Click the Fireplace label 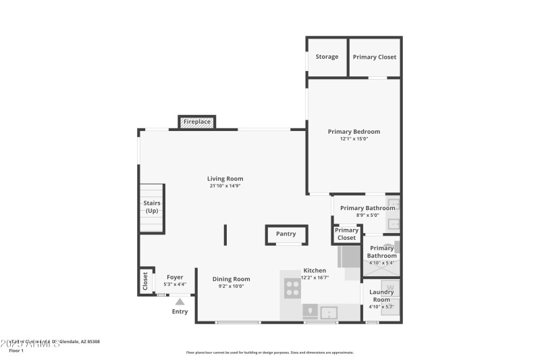pyautogui.click(x=196, y=122)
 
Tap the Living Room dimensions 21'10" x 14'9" pyautogui.click(x=225, y=186)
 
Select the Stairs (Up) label pyautogui.click(x=151, y=207)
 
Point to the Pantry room pyautogui.click(x=286, y=234)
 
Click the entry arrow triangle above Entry pyautogui.click(x=180, y=302)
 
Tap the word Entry pyautogui.click(x=180, y=311)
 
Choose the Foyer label pyautogui.click(x=175, y=277)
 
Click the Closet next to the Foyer pyautogui.click(x=145, y=281)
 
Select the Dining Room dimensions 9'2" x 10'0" pyautogui.click(x=231, y=286)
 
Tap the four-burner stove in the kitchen pyautogui.click(x=292, y=288)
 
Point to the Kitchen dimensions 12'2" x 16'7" pyautogui.click(x=315, y=278)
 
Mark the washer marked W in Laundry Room pyautogui.click(x=389, y=286)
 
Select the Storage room pyautogui.click(x=327, y=57)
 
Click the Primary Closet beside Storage pyautogui.click(x=374, y=57)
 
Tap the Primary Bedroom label pyautogui.click(x=354, y=132)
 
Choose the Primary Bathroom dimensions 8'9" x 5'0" pyautogui.click(x=367, y=215)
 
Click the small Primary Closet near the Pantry pyautogui.click(x=346, y=234)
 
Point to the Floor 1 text pyautogui.click(x=16, y=351)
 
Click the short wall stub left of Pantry pyautogui.click(x=225, y=235)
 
